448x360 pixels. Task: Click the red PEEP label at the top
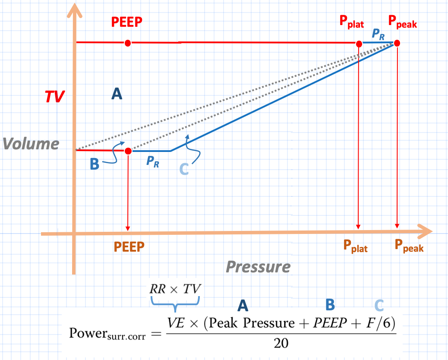127,22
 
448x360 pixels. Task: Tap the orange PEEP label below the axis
129,246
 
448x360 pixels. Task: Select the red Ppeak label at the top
402,22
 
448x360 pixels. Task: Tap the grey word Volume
31,143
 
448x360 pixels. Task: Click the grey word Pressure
258,267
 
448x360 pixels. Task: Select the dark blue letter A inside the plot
117,94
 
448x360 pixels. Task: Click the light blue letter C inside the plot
184,169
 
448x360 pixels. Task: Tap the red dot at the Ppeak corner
397,43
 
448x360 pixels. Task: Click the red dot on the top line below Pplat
359,44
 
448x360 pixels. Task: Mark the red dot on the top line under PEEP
127,43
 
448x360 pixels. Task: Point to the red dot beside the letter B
128,151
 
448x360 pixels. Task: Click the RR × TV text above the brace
175,289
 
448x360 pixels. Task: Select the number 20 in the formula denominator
281,344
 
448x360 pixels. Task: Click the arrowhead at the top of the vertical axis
76,10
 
